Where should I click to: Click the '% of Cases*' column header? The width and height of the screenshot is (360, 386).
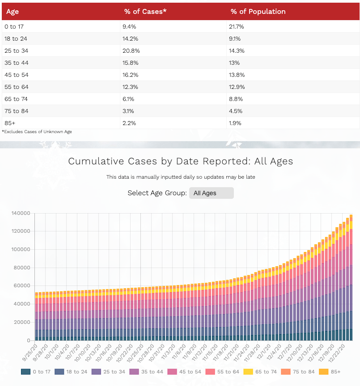[x=145, y=12]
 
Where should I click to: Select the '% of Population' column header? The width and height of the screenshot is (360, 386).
[x=258, y=12]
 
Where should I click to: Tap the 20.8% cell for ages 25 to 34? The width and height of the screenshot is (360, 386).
[x=130, y=51]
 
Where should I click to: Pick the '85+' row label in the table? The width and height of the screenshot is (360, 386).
[x=10, y=123]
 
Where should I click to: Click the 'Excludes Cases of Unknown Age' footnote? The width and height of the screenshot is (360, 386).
[x=37, y=132]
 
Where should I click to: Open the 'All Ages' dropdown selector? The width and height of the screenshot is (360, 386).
[x=211, y=193]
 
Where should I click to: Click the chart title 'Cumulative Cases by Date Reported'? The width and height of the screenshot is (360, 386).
[x=180, y=161]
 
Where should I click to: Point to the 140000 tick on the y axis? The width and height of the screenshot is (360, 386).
[x=21, y=213]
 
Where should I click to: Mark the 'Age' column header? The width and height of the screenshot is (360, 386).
[x=13, y=12]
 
